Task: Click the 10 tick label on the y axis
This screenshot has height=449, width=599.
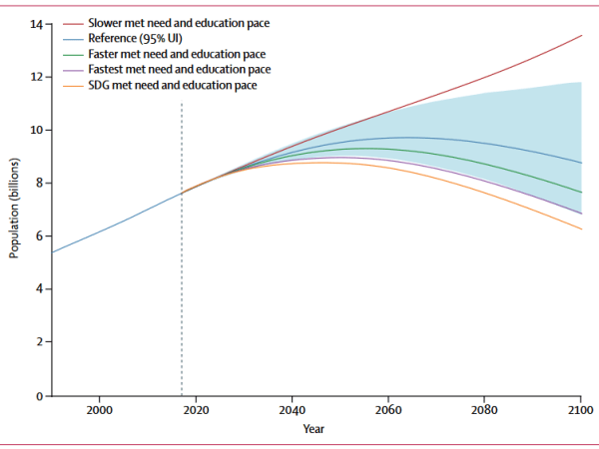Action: [x=36, y=130]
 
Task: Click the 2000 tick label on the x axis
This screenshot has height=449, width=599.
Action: [x=99, y=411]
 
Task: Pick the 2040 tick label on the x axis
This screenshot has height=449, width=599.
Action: [x=292, y=411]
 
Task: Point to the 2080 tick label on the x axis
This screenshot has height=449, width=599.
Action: [x=484, y=411]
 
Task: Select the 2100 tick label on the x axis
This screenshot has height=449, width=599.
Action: [x=580, y=411]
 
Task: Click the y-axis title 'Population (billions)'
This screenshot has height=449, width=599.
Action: [x=14, y=210]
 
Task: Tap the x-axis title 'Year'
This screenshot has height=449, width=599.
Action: [x=314, y=430]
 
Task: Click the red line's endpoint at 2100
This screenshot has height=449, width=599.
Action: [x=581, y=35]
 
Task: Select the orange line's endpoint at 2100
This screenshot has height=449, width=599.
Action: [x=581, y=229]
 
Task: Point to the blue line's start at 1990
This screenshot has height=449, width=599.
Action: [x=51, y=252]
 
